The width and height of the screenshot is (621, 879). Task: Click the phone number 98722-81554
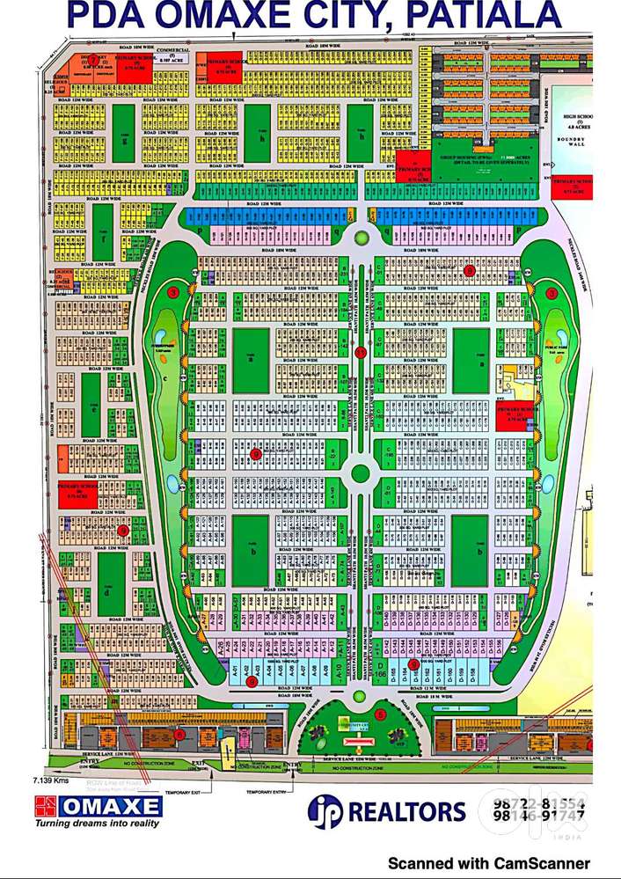click(x=537, y=802)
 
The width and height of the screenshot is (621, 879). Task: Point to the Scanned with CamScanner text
click(x=489, y=863)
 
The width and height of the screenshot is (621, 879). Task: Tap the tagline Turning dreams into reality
click(x=97, y=824)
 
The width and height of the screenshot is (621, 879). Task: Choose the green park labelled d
click(x=111, y=584)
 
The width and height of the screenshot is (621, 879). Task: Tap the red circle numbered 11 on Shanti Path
click(x=360, y=352)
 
